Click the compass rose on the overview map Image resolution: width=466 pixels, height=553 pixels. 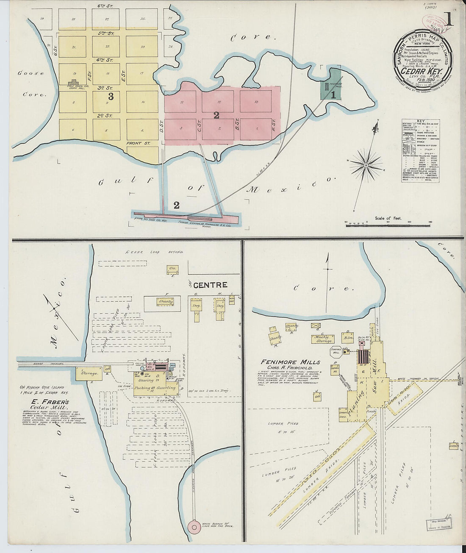click(366, 164)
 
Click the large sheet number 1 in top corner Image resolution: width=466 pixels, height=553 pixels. click(448, 19)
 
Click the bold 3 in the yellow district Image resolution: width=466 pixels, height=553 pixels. click(111, 96)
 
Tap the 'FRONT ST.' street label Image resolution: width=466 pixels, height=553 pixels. click(138, 144)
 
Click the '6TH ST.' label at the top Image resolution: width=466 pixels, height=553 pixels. click(102, 6)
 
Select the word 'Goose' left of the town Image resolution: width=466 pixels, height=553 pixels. click(31, 73)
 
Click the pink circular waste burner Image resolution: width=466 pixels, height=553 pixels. click(194, 527)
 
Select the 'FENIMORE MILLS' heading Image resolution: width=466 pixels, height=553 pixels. click(291, 362)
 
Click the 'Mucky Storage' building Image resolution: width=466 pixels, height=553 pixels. click(323, 339)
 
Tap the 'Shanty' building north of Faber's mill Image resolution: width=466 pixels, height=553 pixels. click(165, 302)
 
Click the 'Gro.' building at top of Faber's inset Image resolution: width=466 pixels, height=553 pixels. click(172, 269)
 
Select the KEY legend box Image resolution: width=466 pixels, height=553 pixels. click(420, 150)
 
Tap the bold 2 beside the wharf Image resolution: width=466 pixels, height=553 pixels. click(176, 205)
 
